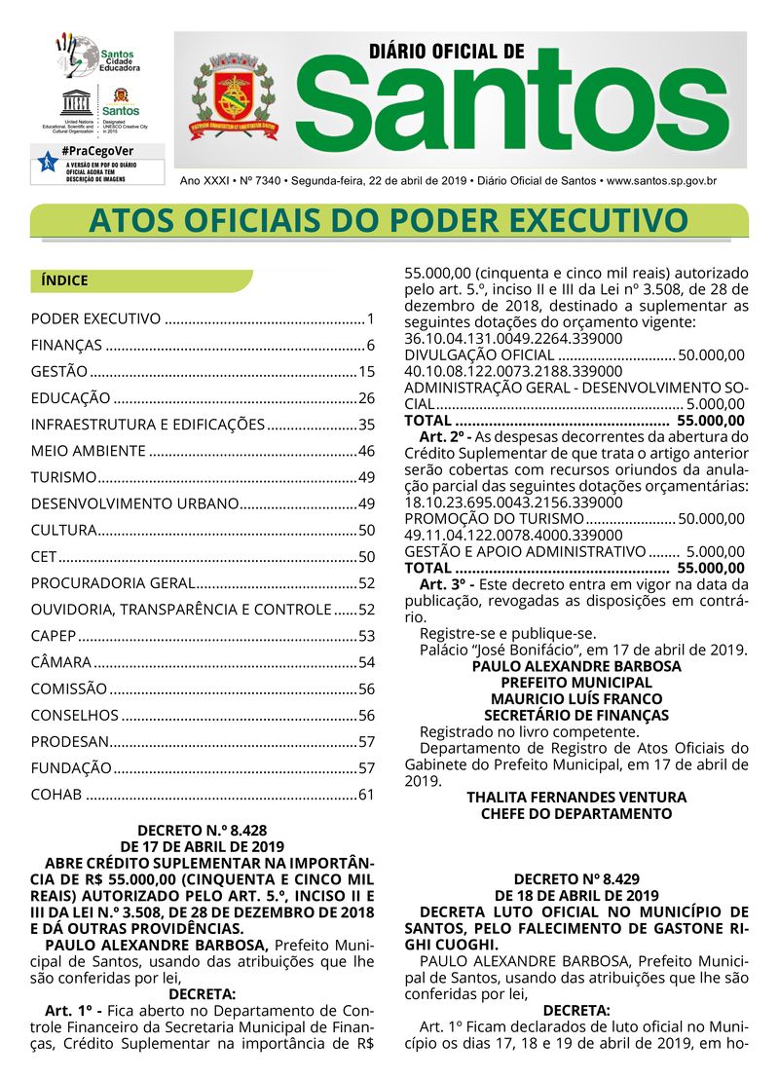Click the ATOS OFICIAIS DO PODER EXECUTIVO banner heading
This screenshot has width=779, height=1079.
pos(388,221)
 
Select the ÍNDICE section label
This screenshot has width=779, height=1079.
pos(65,280)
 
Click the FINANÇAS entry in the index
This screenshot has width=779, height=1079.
pos(66,345)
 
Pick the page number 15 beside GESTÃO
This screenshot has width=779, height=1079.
pos(366,371)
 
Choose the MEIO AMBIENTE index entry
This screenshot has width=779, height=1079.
pos(89,451)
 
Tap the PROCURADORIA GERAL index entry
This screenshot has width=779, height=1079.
pos(113,583)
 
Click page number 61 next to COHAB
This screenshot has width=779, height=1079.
pos(366,795)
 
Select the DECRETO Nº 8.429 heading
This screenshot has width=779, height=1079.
pos(577,878)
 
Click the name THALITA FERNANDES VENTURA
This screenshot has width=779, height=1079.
pos(576,797)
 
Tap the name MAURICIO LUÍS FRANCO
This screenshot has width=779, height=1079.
pos(576,698)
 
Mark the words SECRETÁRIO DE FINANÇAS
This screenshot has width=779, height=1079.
pos(576,715)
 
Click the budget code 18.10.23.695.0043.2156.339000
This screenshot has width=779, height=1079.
pos(513,502)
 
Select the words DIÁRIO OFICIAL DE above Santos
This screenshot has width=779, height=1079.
pos(447,51)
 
